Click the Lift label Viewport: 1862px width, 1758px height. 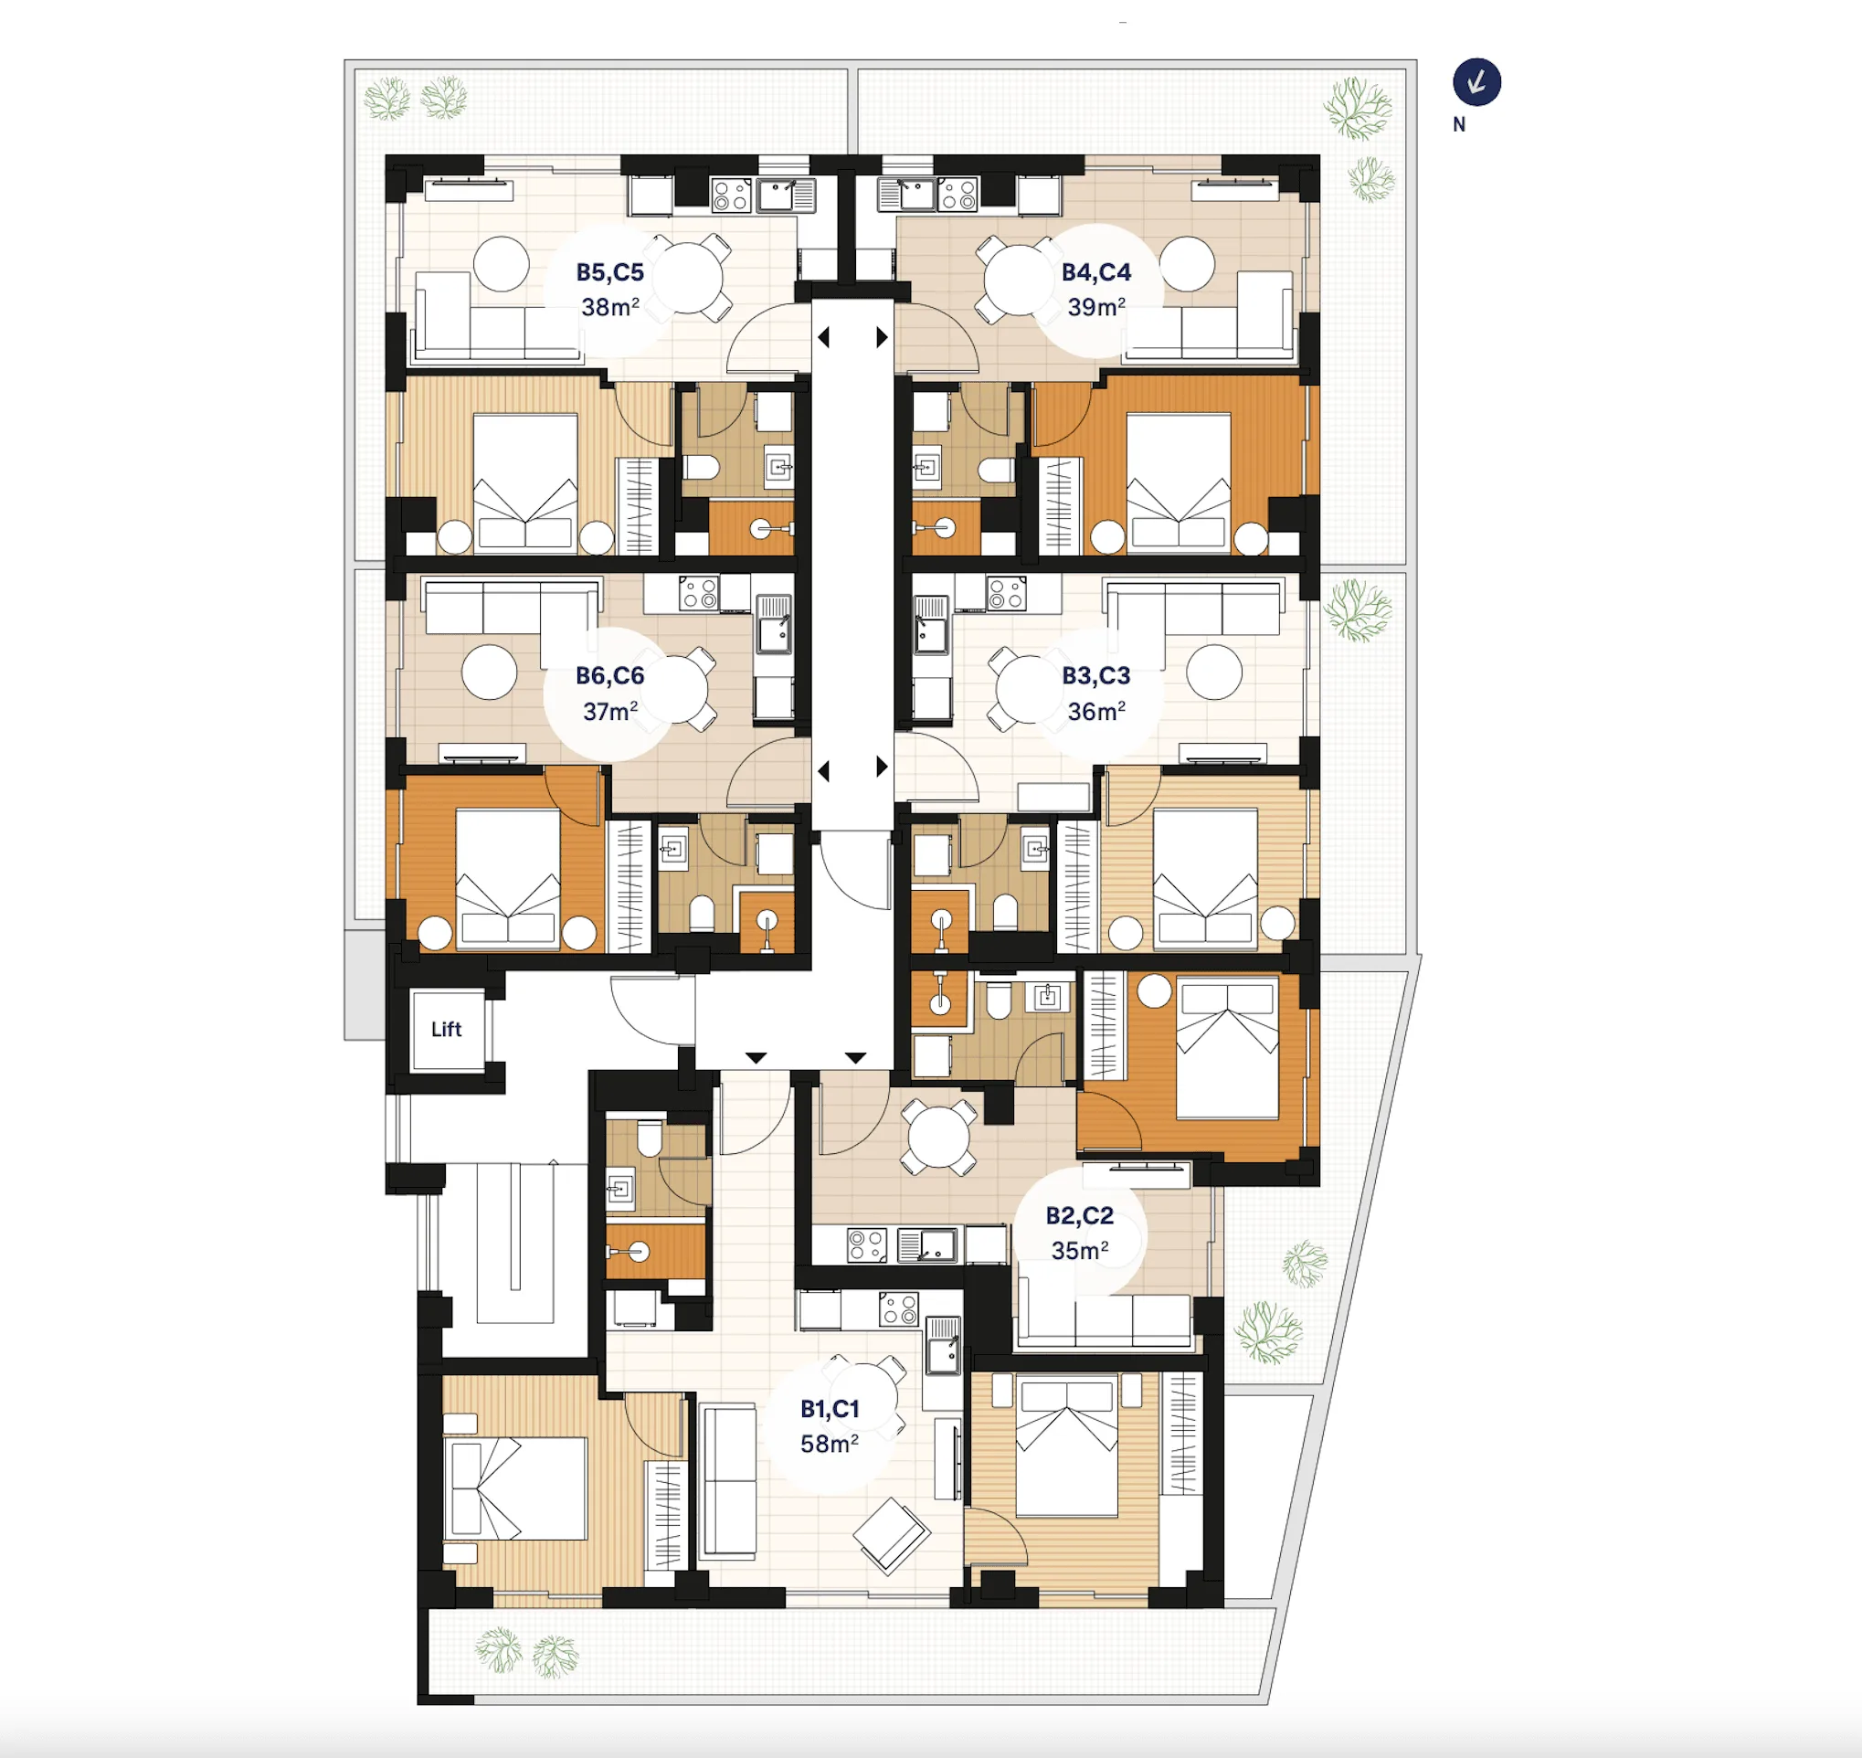(x=446, y=1029)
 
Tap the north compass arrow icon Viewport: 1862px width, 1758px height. (x=1476, y=82)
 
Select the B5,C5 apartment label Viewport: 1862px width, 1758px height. (x=610, y=271)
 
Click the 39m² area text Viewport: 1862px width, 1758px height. (x=1096, y=306)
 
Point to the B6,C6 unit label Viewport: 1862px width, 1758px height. (x=610, y=675)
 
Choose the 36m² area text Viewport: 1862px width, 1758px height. (x=1096, y=711)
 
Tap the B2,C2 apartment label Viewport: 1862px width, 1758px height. (x=1080, y=1215)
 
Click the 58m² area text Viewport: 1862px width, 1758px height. (x=830, y=1444)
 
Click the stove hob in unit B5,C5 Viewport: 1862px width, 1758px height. (x=731, y=196)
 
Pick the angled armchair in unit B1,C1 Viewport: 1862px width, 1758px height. (x=891, y=1534)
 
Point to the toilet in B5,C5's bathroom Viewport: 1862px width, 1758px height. (x=700, y=467)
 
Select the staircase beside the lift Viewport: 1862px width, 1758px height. (x=514, y=1242)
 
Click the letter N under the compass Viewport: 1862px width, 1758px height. (x=1459, y=123)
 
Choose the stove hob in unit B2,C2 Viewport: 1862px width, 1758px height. (x=867, y=1245)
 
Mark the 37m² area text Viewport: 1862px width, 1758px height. (x=610, y=711)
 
